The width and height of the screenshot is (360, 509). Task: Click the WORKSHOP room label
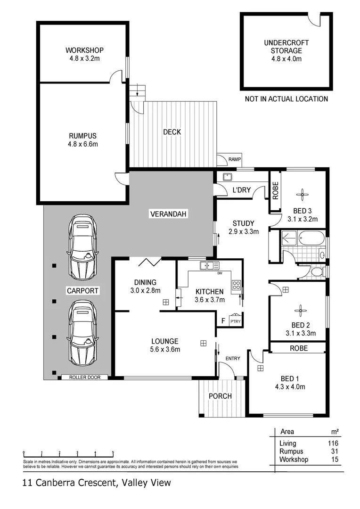[84, 50]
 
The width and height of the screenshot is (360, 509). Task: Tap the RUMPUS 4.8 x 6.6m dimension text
[83, 144]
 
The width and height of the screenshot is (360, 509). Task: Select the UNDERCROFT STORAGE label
[286, 47]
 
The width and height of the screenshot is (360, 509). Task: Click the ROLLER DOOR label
[84, 377]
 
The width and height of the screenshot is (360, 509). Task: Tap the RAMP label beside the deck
[234, 160]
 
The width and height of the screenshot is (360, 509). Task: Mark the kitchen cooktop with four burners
[236, 285]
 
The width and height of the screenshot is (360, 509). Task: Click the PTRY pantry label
[235, 321]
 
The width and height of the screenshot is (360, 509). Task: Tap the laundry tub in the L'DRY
[227, 177]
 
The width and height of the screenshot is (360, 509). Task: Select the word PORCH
[221, 396]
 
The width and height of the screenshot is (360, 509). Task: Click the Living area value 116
[333, 443]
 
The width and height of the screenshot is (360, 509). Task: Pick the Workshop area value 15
[335, 459]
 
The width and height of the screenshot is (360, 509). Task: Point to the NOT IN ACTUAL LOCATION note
[286, 99]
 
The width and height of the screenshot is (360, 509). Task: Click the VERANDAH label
[168, 214]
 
